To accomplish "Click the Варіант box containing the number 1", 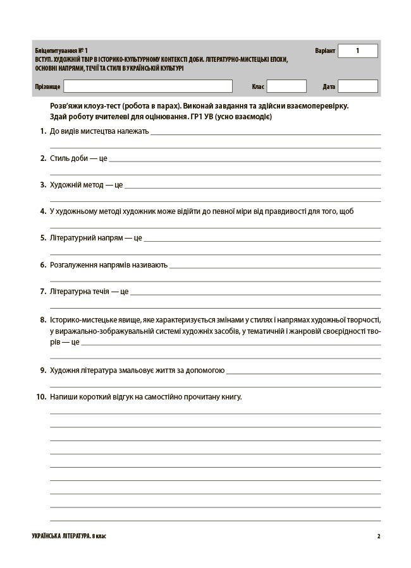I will [x=357, y=50].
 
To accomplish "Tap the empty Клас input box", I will [x=286, y=86].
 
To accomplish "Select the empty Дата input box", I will [x=357, y=86].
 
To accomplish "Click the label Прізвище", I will [x=48, y=86].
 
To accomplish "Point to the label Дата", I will [x=329, y=86].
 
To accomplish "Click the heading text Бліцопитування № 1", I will [x=62, y=50].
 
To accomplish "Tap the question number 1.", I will [x=42, y=131].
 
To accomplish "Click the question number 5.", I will [x=42, y=238].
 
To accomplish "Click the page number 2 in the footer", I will [x=378, y=536].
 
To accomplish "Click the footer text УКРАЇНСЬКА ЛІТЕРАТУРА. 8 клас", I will [x=73, y=536].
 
